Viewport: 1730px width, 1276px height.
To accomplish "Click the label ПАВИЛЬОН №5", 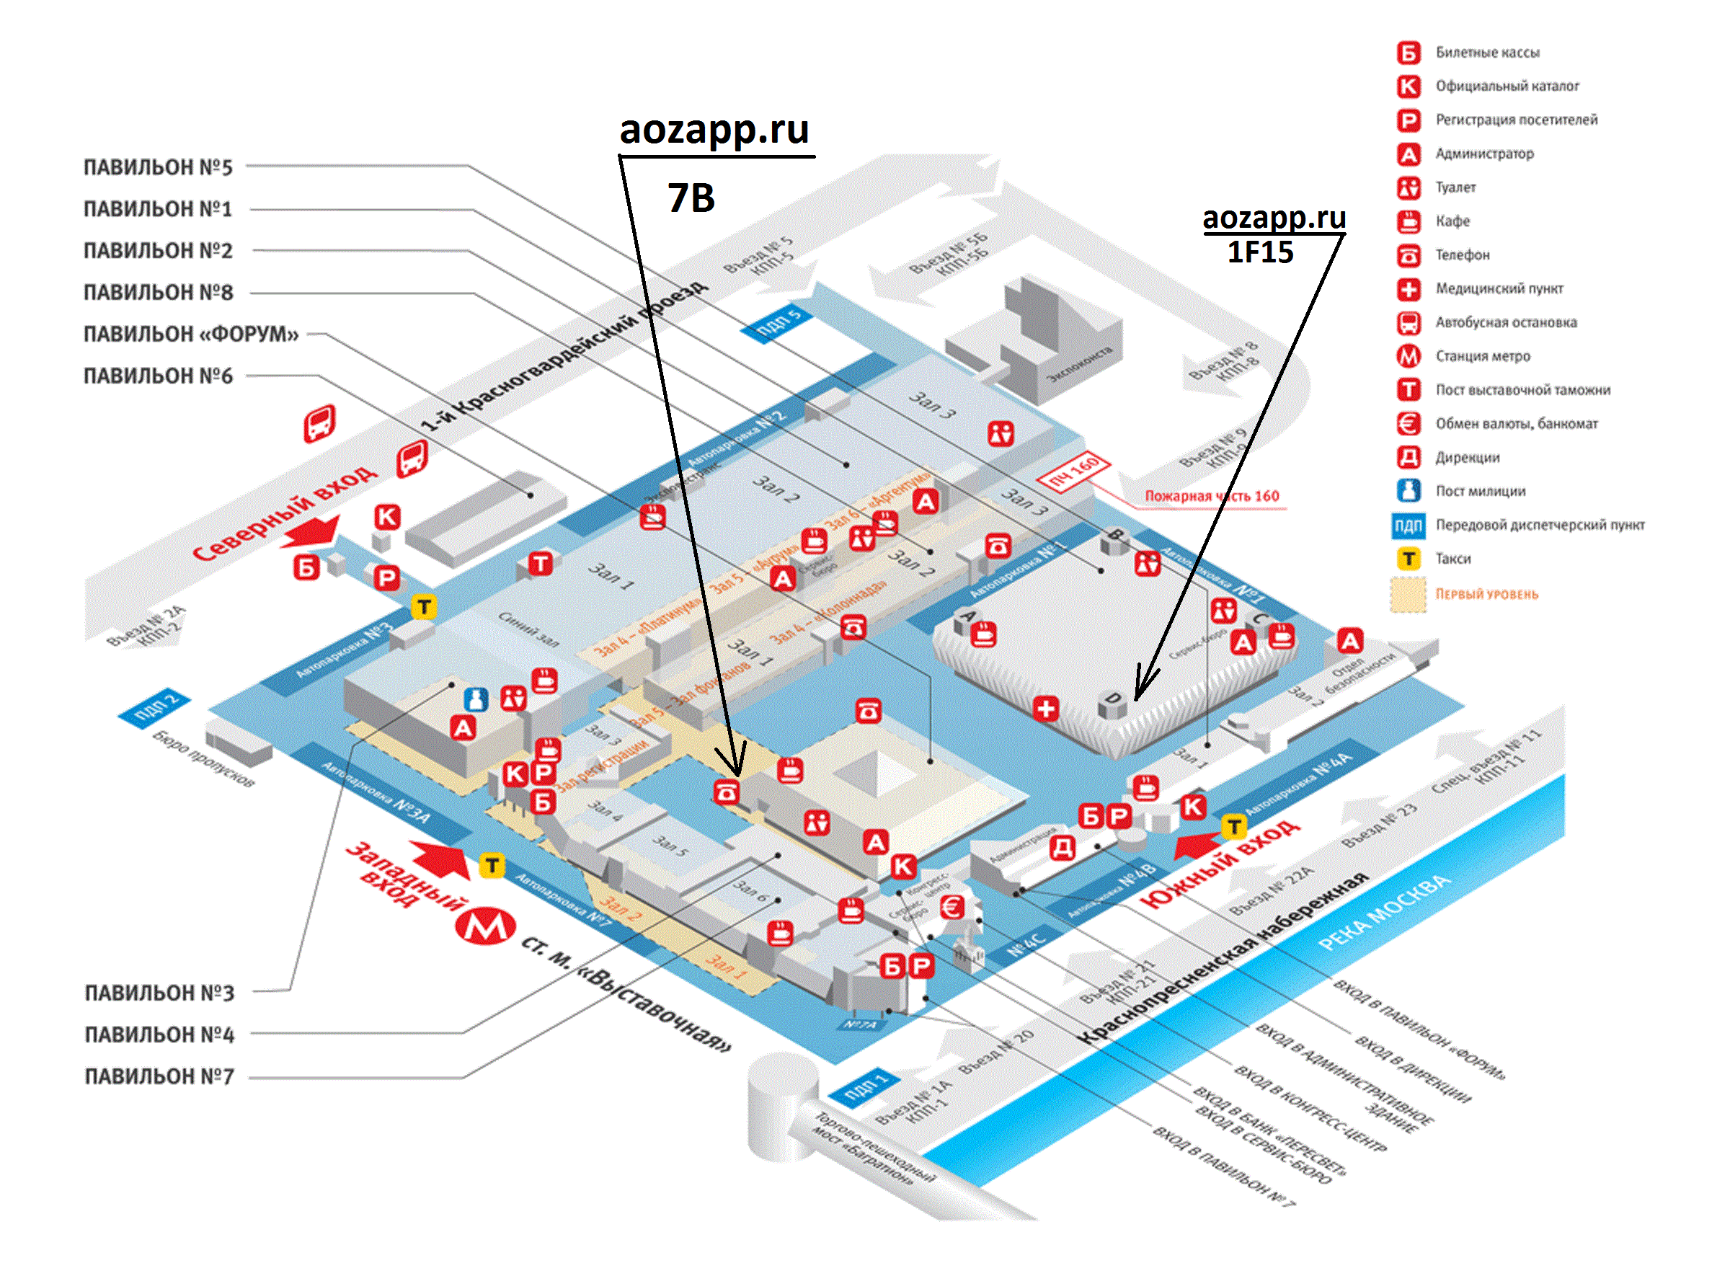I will click(158, 167).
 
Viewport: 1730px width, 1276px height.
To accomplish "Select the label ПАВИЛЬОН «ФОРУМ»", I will click(191, 334).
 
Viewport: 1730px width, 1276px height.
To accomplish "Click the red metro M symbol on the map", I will click(485, 927).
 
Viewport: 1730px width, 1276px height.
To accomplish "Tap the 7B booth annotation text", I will click(691, 198).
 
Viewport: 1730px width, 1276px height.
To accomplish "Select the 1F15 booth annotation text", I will click(1260, 252).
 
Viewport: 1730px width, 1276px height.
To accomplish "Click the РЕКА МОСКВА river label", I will click(1384, 913).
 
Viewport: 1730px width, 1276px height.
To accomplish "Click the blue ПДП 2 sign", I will click(154, 706).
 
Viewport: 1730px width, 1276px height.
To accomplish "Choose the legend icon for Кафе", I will click(1409, 222).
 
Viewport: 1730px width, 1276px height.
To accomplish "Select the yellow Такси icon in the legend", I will click(1409, 559).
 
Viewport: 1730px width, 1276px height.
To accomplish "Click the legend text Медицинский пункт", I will click(1499, 289).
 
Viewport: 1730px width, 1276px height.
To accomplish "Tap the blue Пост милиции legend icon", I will click(1409, 490).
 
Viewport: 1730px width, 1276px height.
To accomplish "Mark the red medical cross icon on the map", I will click(1046, 708).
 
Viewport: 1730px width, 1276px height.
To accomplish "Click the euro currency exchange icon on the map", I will click(951, 907).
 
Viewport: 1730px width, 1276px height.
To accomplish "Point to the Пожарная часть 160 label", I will click(1211, 496).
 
